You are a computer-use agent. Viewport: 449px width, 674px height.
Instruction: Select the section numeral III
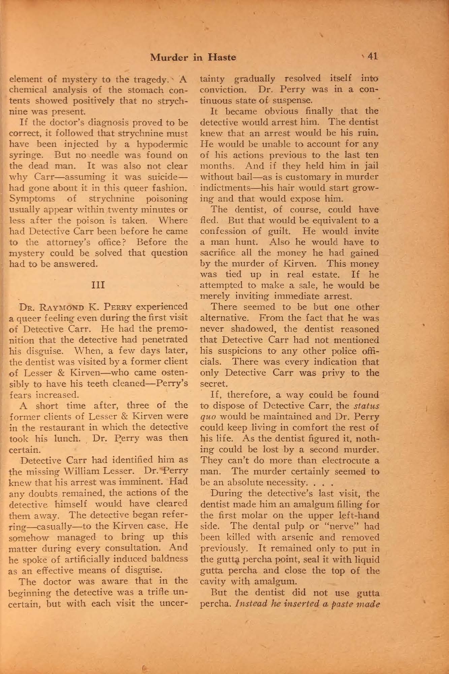click(98, 285)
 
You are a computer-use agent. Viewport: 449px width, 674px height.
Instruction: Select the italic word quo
click(206, 417)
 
